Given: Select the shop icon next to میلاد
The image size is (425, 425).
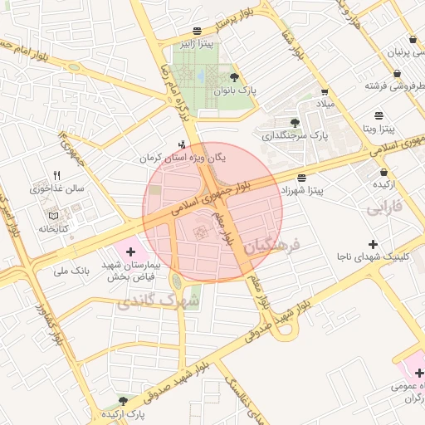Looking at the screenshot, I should click(324, 92).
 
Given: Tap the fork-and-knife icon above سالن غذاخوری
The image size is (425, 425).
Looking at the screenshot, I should click(57, 175).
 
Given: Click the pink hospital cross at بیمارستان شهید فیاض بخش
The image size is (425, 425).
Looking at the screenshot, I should click(130, 251).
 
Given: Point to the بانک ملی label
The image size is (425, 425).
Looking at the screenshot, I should click(71, 270).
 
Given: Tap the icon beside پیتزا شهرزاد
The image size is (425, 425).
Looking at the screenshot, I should click(300, 178).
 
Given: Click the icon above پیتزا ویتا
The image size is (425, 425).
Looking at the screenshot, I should click(379, 115).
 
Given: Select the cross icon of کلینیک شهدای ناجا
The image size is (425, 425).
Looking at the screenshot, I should click(373, 244).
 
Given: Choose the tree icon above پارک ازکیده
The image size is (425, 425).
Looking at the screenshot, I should click(124, 400).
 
